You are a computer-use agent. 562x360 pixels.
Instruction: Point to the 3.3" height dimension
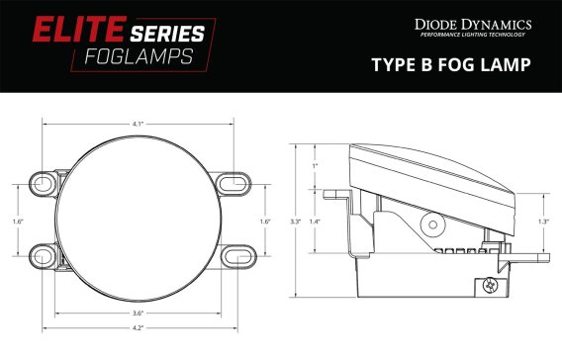pyautogui.click(x=295, y=222)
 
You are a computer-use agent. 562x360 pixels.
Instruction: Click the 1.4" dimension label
pyautogui.click(x=316, y=222)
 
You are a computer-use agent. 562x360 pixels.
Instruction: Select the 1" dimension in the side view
pyautogui.click(x=315, y=165)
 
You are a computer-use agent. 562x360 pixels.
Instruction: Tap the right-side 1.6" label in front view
pyautogui.click(x=264, y=222)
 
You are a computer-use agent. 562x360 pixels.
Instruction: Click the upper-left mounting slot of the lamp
pyautogui.click(x=44, y=185)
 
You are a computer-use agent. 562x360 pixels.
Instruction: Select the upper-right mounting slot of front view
pyautogui.click(x=233, y=185)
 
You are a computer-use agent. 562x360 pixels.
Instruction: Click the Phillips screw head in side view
pyautogui.click(x=488, y=285)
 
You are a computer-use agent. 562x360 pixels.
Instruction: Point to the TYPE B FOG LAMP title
pyautogui.click(x=451, y=65)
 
